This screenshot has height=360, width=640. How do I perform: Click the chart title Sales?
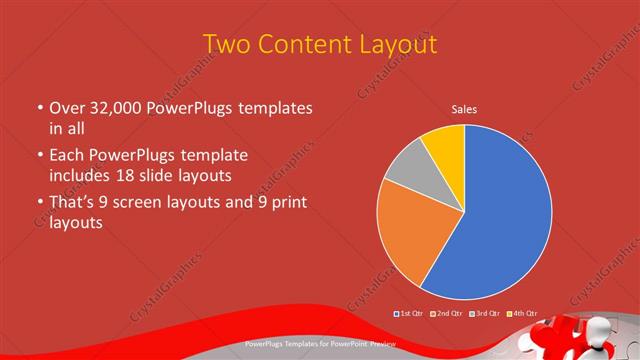[464, 109]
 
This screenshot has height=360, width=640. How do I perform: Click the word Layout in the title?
[401, 45]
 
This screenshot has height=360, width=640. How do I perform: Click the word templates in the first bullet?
[271, 107]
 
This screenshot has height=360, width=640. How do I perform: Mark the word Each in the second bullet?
[69, 155]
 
